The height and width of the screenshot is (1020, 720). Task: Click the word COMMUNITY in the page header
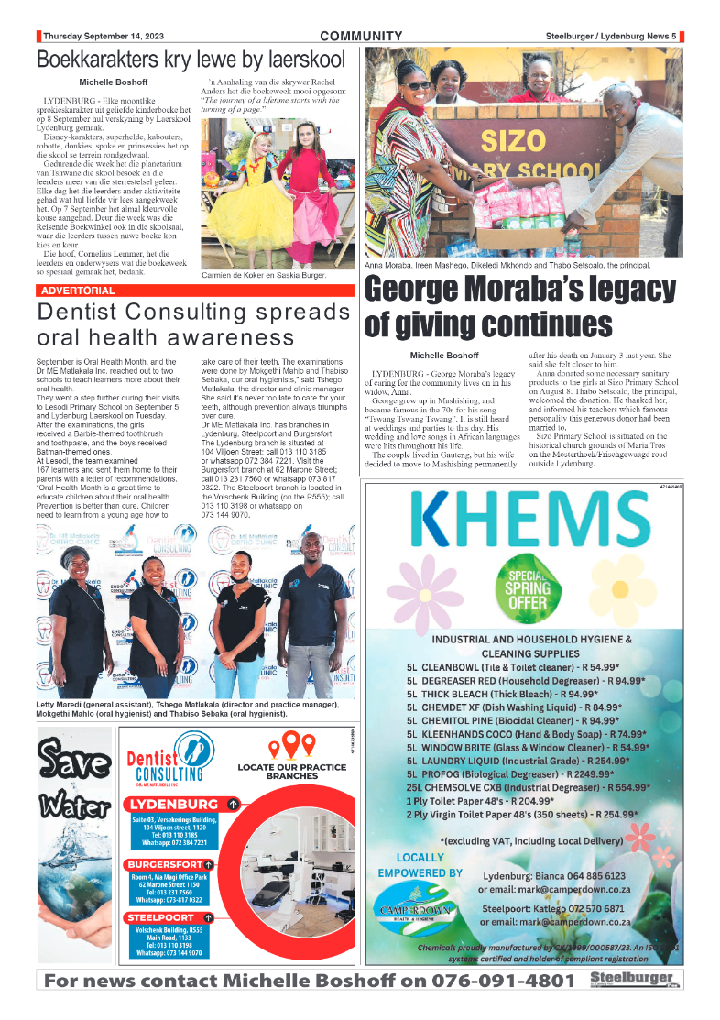[361, 37]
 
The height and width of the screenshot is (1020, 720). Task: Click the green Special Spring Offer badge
[529, 589]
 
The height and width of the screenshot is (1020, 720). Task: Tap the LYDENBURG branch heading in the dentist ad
[174, 805]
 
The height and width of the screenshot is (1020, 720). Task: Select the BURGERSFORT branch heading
[165, 864]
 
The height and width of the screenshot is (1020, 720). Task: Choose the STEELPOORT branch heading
[161, 917]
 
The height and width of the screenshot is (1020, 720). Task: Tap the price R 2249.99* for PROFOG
[591, 773]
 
